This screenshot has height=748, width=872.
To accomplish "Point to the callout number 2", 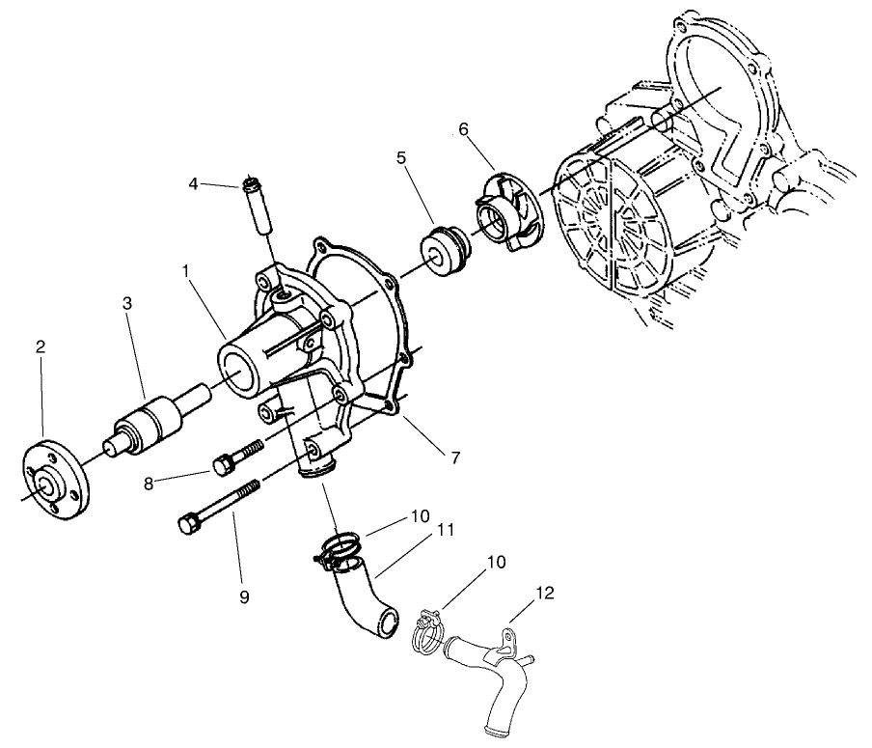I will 41,348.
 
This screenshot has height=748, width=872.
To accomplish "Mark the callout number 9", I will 244,597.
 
